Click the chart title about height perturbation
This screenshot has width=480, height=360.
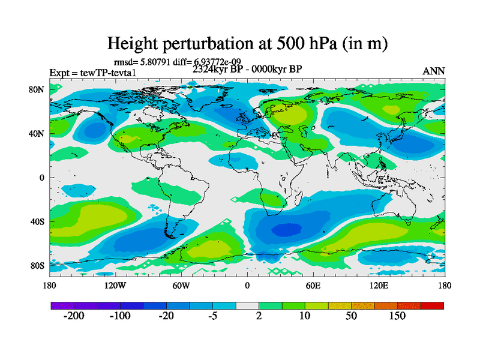tap(247, 43)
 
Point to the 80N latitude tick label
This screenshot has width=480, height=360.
tap(38, 89)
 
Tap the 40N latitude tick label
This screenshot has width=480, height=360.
tap(38, 133)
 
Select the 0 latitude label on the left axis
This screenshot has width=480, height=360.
tap(43, 178)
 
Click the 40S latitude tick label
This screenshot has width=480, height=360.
tap(38, 222)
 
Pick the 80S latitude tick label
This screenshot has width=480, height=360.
tap(38, 266)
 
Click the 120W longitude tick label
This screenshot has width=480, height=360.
tap(115, 286)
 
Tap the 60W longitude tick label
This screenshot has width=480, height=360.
tap(181, 286)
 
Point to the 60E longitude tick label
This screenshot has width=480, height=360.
tap(313, 286)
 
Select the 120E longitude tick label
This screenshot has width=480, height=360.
tap(379, 286)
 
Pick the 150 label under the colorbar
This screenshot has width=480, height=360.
tap(397, 316)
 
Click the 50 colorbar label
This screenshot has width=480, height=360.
tap(352, 316)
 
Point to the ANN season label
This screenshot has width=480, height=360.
tap(434, 71)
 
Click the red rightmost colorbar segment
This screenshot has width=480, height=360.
tap(432, 305)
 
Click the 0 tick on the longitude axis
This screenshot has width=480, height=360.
tap(247, 286)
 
